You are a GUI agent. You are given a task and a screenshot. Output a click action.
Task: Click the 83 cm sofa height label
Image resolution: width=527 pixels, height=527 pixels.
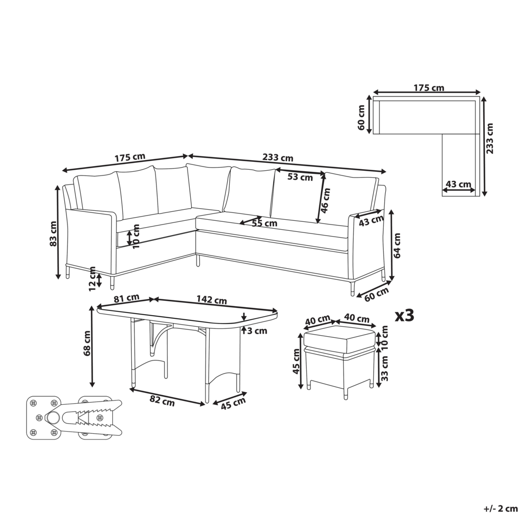click(53, 234)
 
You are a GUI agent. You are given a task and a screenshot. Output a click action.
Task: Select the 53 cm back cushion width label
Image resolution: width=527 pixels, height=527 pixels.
click(300, 177)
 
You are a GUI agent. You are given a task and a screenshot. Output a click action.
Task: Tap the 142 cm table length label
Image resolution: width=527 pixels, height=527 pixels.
click(212, 300)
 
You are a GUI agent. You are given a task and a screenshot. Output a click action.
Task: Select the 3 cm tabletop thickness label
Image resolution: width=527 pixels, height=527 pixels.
click(257, 331)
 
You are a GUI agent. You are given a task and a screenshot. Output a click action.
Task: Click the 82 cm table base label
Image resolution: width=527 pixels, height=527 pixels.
click(162, 401)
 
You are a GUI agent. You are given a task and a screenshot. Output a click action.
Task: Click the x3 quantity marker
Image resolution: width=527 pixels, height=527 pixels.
click(405, 316)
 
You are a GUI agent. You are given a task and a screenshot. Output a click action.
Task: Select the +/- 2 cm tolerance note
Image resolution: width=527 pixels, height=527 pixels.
click(500, 509)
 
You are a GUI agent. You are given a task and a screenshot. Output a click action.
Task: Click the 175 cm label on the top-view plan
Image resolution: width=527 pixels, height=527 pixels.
click(429, 87)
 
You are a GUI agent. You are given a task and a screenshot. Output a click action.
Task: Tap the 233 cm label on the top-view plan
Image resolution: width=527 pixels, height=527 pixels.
click(490, 139)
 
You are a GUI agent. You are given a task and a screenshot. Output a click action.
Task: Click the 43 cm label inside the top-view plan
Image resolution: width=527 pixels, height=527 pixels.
click(458, 184)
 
